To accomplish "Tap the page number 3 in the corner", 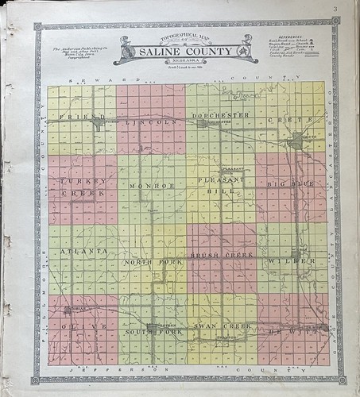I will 336,10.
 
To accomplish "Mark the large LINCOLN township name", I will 153,123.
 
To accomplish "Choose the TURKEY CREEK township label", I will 78,187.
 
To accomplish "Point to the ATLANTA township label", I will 83,252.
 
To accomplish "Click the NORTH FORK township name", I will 149,261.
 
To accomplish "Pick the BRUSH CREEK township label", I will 220,256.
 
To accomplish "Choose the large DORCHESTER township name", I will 221,114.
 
